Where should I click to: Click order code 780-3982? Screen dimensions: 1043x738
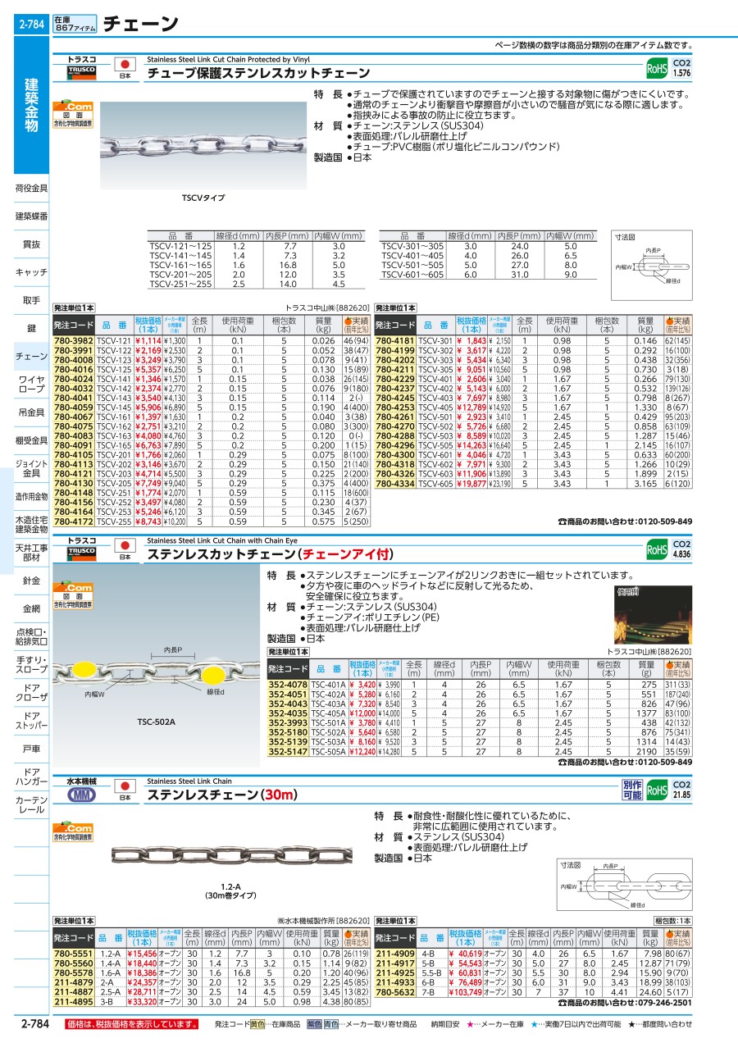pyautogui.click(x=74, y=340)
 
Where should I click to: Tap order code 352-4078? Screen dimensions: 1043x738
pyautogui.click(x=288, y=684)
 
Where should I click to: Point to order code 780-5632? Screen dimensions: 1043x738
pyautogui.click(x=396, y=991)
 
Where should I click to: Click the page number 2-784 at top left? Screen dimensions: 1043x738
pyautogui.click(x=32, y=25)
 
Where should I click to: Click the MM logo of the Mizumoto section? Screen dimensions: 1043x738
pyautogui.click(x=81, y=795)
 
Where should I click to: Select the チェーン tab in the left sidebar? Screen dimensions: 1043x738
pyautogui.click(x=31, y=357)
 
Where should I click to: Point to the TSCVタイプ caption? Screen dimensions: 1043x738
pyautogui.click(x=203, y=198)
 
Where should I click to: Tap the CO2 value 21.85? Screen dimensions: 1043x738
pyautogui.click(x=681, y=795)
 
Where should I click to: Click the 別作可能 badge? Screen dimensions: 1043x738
pyautogui.click(x=631, y=790)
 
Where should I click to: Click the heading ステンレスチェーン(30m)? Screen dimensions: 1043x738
pyautogui.click(x=216, y=794)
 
